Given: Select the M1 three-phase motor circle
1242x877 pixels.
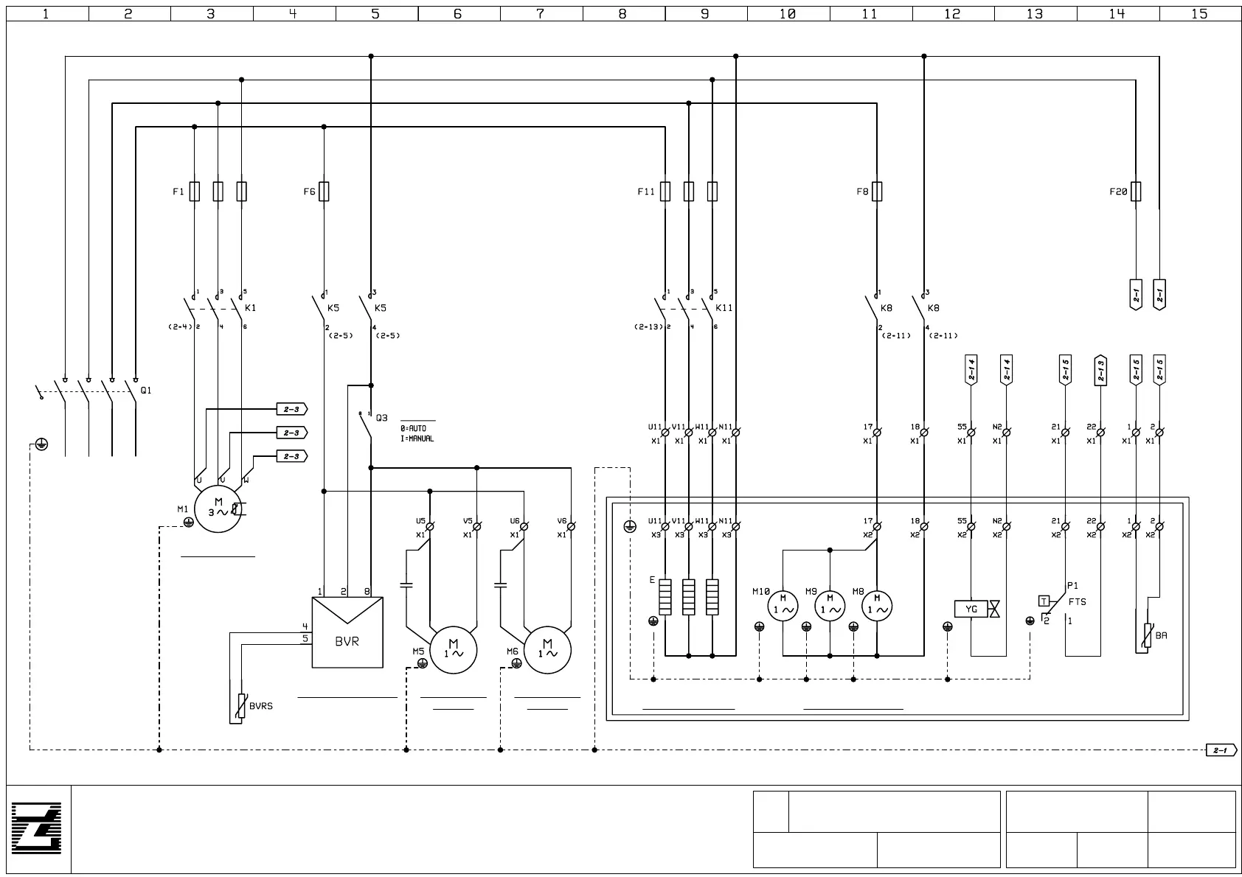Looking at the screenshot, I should coord(218,508).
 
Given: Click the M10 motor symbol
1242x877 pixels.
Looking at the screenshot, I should coord(783,606).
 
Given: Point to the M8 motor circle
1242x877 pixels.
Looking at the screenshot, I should coord(877,606).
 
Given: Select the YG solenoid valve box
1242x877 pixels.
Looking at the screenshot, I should coord(971,609).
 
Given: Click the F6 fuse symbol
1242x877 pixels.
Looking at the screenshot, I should coord(324,192).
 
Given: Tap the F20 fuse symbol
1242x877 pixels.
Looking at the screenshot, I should coord(1136,192).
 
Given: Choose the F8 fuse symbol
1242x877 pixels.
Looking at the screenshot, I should coord(876,192).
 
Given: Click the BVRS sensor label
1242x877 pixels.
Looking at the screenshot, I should coord(260,706).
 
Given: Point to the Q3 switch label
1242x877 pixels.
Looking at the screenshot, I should coord(381,418).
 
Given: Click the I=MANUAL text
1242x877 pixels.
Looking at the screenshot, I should coord(417,439).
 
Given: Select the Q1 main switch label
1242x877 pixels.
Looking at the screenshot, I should coord(146,391).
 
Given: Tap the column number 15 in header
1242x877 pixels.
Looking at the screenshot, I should coord(1199,13).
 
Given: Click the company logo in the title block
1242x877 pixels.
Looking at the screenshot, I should coord(37,829).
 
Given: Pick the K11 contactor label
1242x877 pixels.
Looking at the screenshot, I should coord(724,308).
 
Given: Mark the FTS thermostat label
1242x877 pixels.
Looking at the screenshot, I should coord(1077,602).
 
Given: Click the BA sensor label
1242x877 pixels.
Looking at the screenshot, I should coord(1161,636).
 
